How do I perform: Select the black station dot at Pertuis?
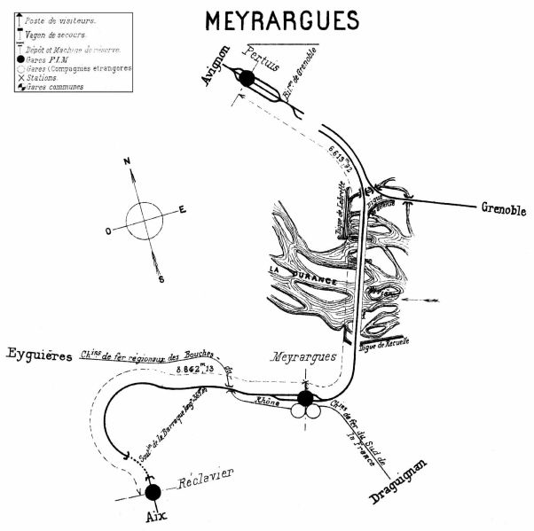[247, 80]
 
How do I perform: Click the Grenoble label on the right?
[503, 211]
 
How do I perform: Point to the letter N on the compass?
[128, 161]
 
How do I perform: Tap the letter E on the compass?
[183, 209]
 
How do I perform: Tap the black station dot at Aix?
[153, 491]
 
